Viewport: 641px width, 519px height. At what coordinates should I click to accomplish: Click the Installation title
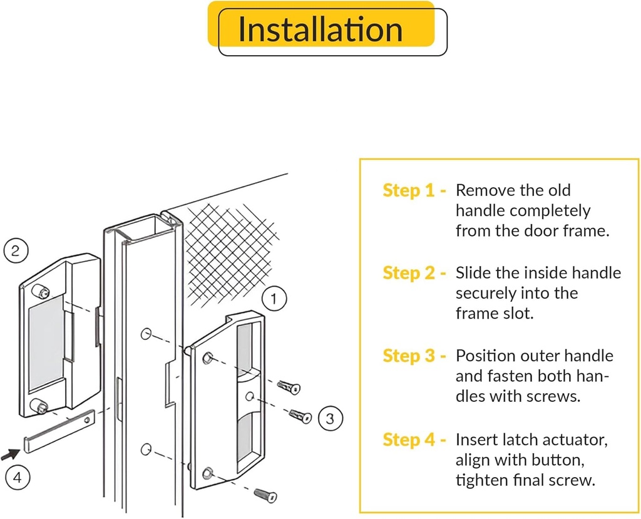pyautogui.click(x=320, y=30)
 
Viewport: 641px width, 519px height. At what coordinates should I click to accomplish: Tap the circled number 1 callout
pyautogui.click(x=274, y=299)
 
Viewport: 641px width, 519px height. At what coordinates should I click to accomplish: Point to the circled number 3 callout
pyautogui.click(x=331, y=417)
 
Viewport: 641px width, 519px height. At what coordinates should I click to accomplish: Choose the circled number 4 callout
pyautogui.click(x=18, y=478)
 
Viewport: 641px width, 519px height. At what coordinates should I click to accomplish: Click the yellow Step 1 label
pyautogui.click(x=414, y=190)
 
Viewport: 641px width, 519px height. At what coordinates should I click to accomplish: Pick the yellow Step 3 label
pyautogui.click(x=414, y=356)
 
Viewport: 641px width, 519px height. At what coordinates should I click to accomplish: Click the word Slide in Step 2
pyautogui.click(x=471, y=273)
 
